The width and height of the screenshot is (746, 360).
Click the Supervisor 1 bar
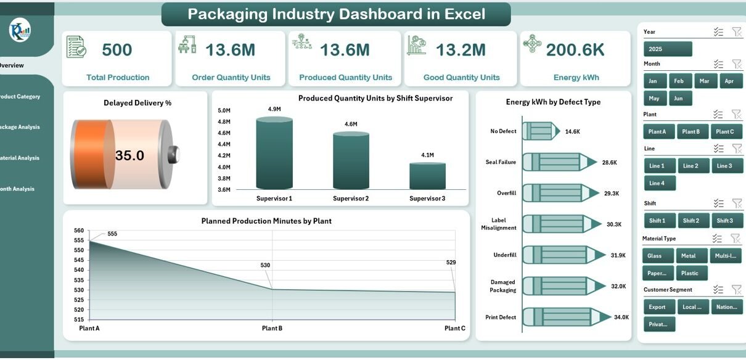pyautogui.click(x=274, y=154)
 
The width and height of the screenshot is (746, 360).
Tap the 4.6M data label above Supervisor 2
pyautogui.click(x=351, y=125)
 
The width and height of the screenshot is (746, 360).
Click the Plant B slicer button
pyautogui.click(x=691, y=131)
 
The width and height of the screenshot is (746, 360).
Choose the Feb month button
pyautogui.click(x=678, y=81)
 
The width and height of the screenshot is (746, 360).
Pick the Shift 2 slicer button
pyautogui.click(x=691, y=221)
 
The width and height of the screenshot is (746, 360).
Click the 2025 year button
pyautogui.click(x=667, y=49)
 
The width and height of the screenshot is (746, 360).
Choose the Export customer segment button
pyautogui.click(x=657, y=307)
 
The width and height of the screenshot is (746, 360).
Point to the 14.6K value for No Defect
pyautogui.click(x=572, y=131)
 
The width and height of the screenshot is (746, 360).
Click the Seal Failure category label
pyautogui.click(x=500, y=162)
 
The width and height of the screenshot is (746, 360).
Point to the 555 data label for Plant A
pyautogui.click(x=112, y=234)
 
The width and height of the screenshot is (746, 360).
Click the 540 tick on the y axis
pyautogui.click(x=79, y=270)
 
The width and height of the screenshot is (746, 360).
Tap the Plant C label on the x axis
pyautogui.click(x=454, y=329)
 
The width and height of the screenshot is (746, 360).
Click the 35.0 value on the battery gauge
pyautogui.click(x=129, y=155)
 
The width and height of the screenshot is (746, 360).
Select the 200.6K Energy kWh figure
pyautogui.click(x=575, y=50)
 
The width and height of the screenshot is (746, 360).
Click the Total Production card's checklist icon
pyautogui.click(x=76, y=46)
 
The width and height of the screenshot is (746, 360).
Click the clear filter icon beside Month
pyautogui.click(x=736, y=63)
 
